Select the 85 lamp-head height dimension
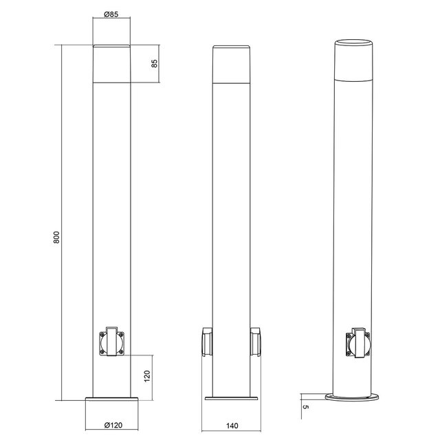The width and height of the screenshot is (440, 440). coord(155,64)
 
